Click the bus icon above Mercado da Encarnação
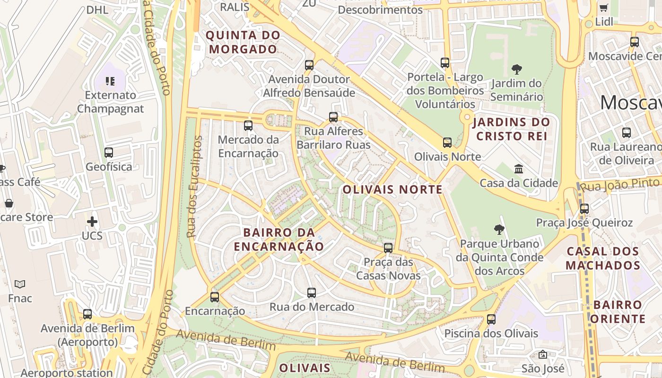(x=248, y=126)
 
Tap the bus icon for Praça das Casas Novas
(x=388, y=248)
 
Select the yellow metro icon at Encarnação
(x=215, y=297)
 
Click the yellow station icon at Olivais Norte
(x=447, y=143)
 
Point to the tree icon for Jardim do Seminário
(x=516, y=70)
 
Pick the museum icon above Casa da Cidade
(x=519, y=169)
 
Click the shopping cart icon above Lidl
(x=604, y=8)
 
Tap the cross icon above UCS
(x=92, y=222)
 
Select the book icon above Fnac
(x=20, y=284)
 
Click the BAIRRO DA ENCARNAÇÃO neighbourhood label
(x=279, y=240)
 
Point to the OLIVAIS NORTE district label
(x=392, y=190)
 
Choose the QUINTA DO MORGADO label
(x=243, y=42)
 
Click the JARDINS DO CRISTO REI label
(x=511, y=129)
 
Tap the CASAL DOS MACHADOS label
(x=603, y=258)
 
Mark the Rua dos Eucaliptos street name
(x=194, y=187)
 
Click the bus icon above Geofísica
(x=109, y=153)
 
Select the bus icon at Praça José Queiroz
(x=584, y=208)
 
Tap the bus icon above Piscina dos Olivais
(x=491, y=319)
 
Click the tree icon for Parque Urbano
(x=499, y=230)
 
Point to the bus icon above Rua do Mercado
(x=312, y=293)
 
